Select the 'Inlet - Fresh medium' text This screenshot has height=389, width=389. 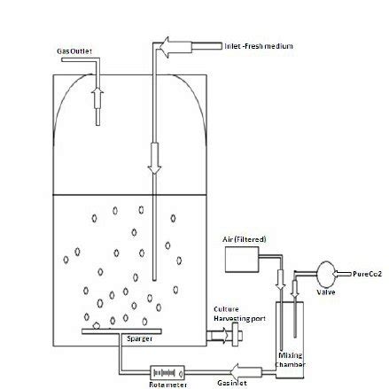[x=259, y=45]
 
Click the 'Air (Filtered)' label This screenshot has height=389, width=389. [x=245, y=238]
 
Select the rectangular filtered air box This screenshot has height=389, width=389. [x=243, y=259]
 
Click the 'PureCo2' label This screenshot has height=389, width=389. [x=367, y=275]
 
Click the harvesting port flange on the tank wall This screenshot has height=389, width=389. [x=235, y=336]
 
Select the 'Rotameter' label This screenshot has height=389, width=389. [x=164, y=385]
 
